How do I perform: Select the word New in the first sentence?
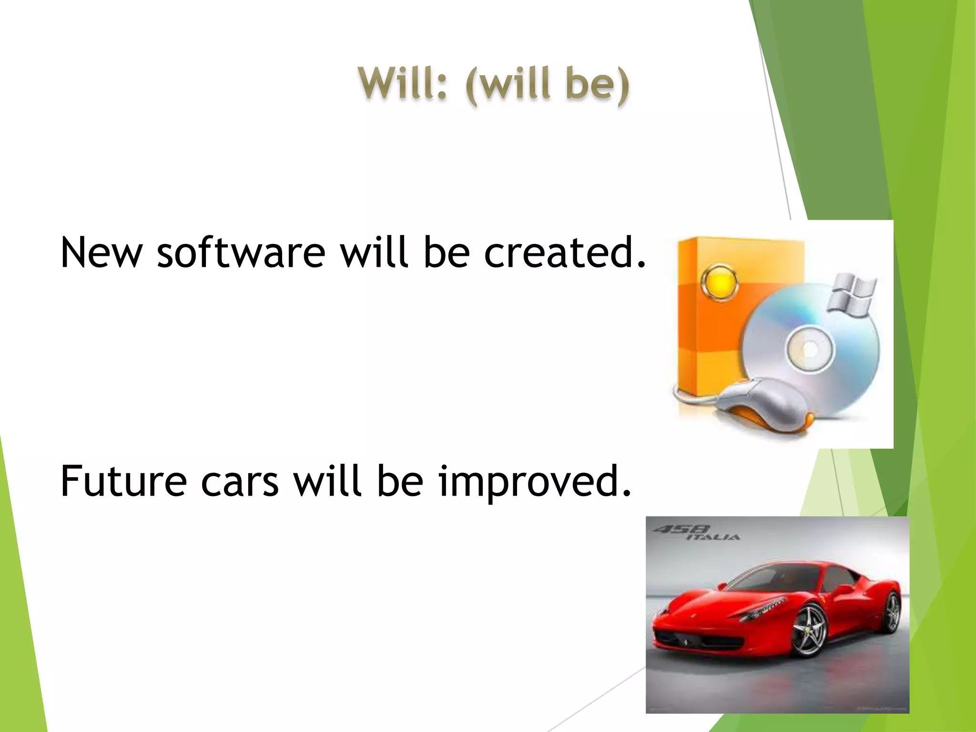click(x=101, y=253)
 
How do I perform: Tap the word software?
click(x=241, y=253)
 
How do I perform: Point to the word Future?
click(x=123, y=481)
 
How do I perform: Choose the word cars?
click(x=240, y=481)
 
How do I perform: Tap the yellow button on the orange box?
click(x=720, y=283)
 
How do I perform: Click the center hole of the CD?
click(x=810, y=350)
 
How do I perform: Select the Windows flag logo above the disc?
click(x=852, y=295)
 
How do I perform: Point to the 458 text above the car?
click(x=681, y=529)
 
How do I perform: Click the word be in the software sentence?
click(x=447, y=253)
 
